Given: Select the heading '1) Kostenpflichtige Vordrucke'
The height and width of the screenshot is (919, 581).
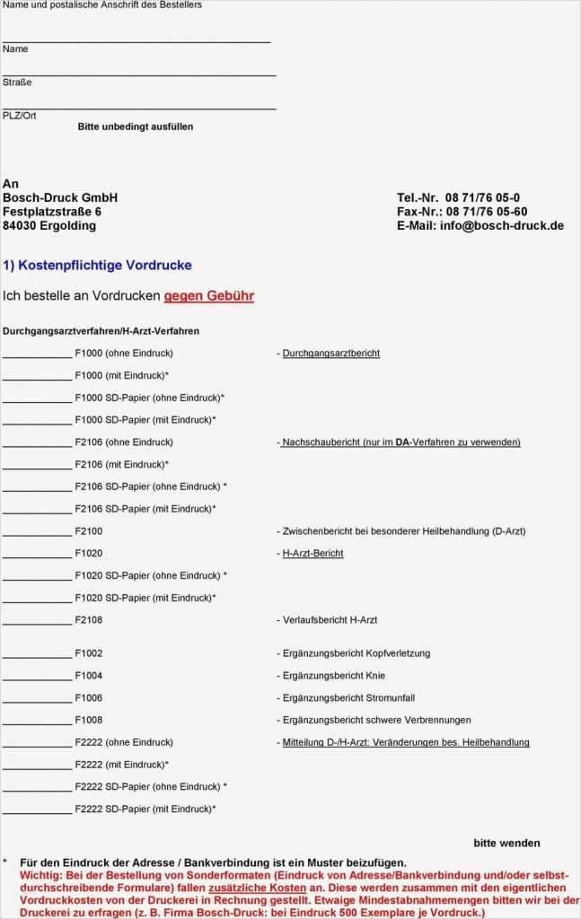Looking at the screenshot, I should pyautogui.click(x=97, y=266).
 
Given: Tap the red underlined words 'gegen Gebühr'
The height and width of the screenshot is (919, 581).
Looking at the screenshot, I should pyautogui.click(x=208, y=295).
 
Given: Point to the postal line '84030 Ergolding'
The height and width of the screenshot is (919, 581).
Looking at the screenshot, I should pyautogui.click(x=49, y=225).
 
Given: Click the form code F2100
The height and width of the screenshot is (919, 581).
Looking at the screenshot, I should pyautogui.click(x=89, y=531).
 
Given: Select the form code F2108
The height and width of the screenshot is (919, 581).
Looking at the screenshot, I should pyautogui.click(x=89, y=620).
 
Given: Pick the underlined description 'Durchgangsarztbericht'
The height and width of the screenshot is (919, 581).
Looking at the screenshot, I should pyautogui.click(x=330, y=354).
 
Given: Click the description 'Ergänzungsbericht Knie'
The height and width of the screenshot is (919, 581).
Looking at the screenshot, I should pyautogui.click(x=333, y=676).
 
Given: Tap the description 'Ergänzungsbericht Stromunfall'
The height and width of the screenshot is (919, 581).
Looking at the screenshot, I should pyautogui.click(x=348, y=698).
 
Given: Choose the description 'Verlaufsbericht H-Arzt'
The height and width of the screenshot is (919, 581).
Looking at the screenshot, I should pyautogui.click(x=330, y=620).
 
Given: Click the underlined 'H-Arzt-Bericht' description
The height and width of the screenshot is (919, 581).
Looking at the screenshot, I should pyautogui.click(x=313, y=554).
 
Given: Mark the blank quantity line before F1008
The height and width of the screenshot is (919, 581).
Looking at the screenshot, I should pyautogui.click(x=37, y=722).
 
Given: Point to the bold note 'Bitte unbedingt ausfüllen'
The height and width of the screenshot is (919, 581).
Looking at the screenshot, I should pyautogui.click(x=135, y=127).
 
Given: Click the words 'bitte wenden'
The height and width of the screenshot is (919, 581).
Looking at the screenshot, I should pyautogui.click(x=506, y=843).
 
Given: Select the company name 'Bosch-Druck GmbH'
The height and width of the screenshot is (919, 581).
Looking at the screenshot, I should pyautogui.click(x=60, y=197).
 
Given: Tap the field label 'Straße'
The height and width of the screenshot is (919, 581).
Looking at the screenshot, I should pyautogui.click(x=17, y=83).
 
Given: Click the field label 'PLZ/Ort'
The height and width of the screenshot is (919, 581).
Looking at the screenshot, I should pyautogui.click(x=20, y=116).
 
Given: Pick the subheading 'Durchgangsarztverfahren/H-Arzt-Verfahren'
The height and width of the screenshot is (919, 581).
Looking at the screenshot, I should pyautogui.click(x=101, y=331).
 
